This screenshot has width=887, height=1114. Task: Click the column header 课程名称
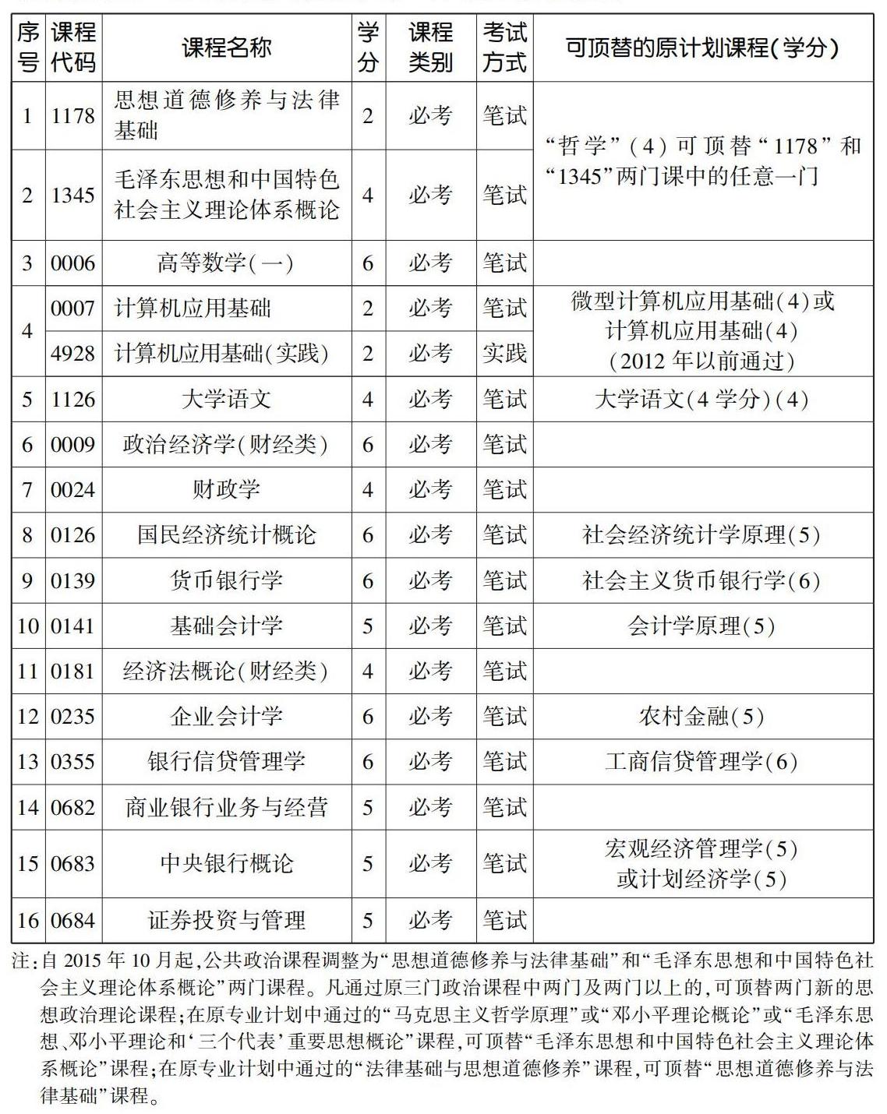tap(226, 48)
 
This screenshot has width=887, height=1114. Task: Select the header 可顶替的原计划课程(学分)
tap(701, 48)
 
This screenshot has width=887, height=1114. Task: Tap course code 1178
tap(73, 116)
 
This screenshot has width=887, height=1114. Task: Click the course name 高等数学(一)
tap(226, 263)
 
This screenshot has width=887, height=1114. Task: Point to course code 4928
tap(73, 354)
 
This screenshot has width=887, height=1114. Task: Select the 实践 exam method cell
tap(504, 354)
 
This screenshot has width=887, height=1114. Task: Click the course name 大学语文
tap(226, 400)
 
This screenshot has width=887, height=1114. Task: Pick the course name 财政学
tap(226, 490)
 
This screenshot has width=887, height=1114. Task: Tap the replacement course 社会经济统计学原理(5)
tap(701, 535)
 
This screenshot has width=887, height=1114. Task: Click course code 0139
tap(73, 581)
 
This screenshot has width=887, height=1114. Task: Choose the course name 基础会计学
tap(226, 626)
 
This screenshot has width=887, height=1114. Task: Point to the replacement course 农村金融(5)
tap(701, 717)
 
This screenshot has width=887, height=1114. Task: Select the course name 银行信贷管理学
tap(226, 762)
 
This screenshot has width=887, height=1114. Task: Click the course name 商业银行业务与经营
tap(226, 807)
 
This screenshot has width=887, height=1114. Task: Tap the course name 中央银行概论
tap(226, 863)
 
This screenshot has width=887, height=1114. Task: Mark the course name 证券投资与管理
tap(226, 921)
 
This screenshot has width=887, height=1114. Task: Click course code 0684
tap(73, 921)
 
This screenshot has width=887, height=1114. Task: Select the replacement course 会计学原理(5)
tap(701, 626)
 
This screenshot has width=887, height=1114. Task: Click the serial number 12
tap(28, 717)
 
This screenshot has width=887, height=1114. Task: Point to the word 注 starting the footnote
tap(20, 961)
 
